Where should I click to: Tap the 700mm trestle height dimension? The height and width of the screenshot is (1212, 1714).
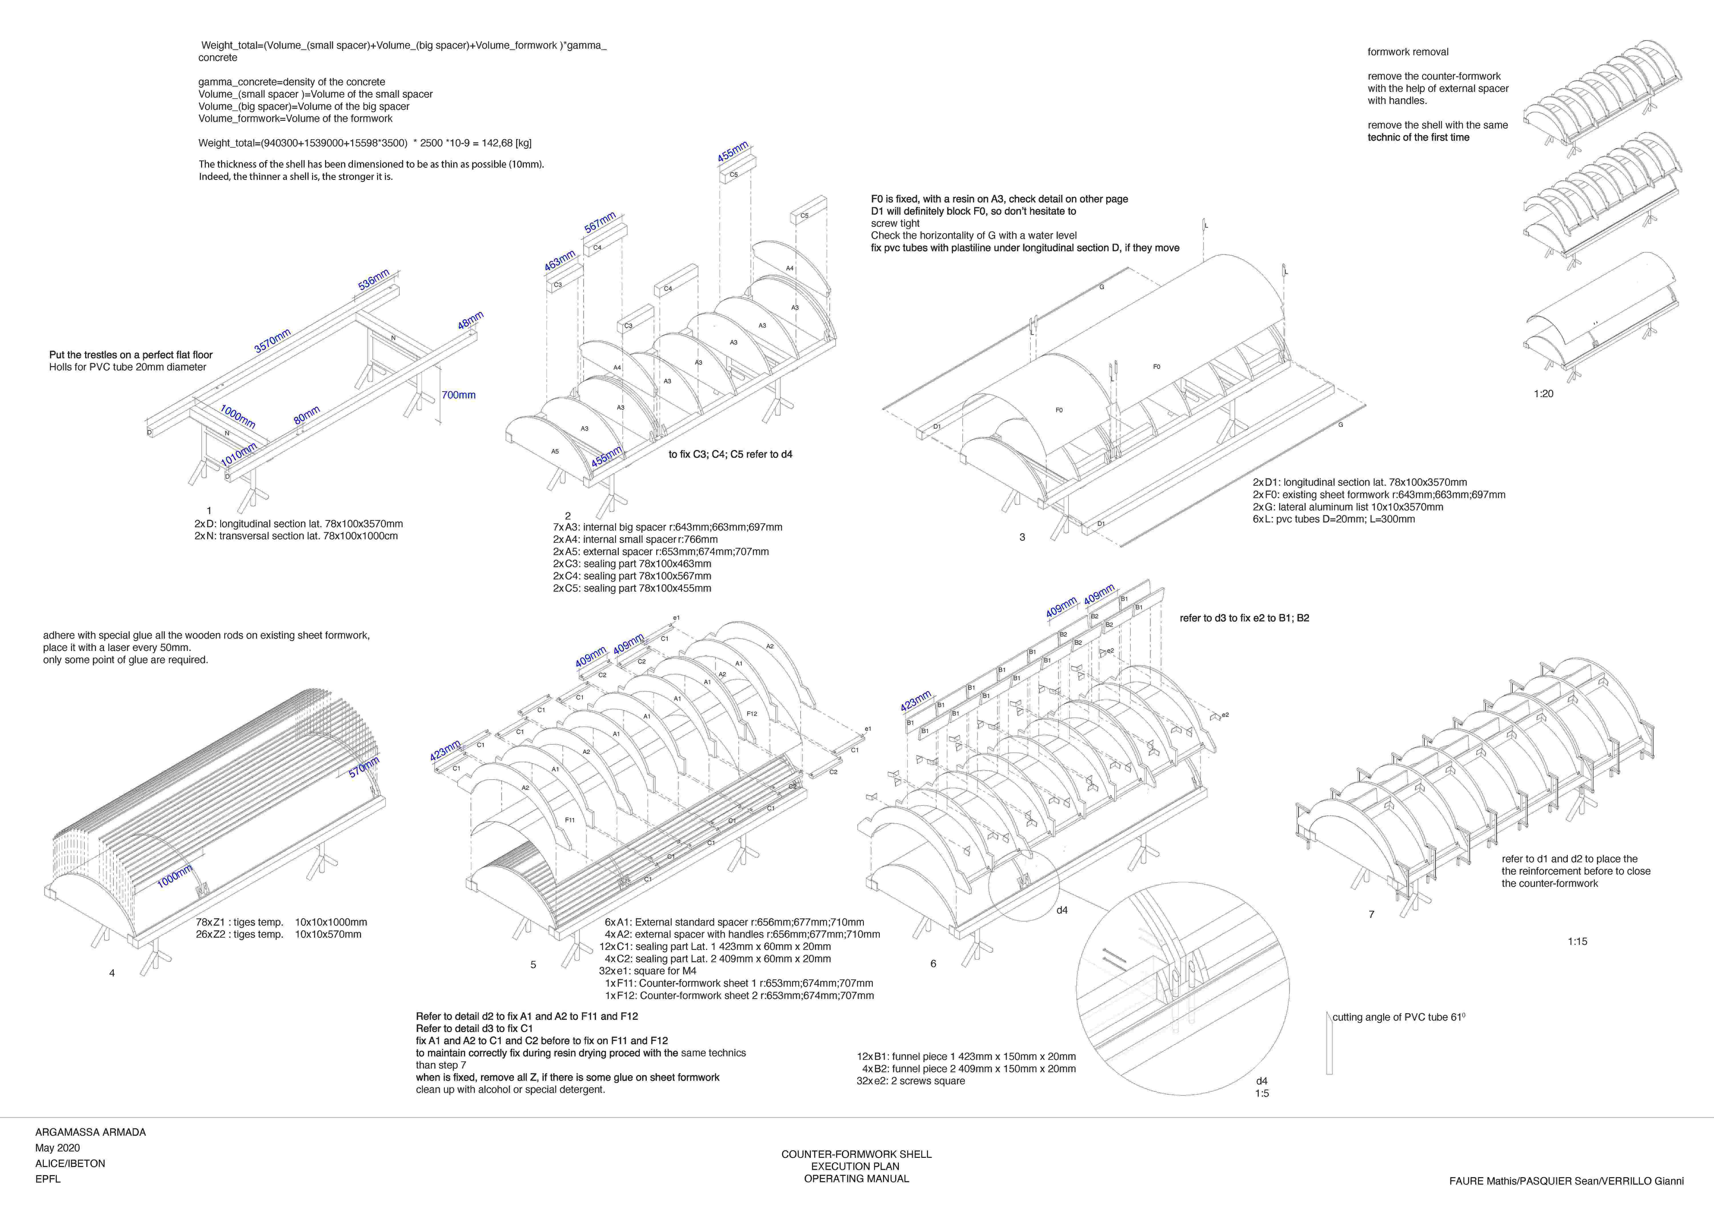pyautogui.click(x=458, y=395)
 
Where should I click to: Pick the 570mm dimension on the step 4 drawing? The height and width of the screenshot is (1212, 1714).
pyautogui.click(x=364, y=767)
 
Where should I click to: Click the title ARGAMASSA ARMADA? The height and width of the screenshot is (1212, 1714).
pyautogui.click(x=90, y=1132)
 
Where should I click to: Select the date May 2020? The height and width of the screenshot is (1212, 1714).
pyautogui.click(x=57, y=1148)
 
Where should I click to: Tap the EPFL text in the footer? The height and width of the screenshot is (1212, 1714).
pyautogui.click(x=48, y=1179)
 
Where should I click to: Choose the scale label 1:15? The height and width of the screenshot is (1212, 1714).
pyautogui.click(x=1577, y=942)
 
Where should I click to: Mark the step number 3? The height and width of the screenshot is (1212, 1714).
pyautogui.click(x=1022, y=537)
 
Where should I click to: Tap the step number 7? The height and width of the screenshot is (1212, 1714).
pyautogui.click(x=1371, y=914)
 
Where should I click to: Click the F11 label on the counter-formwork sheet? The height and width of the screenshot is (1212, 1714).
pyautogui.click(x=570, y=820)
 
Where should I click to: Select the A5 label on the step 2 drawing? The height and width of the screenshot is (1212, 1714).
pyautogui.click(x=555, y=452)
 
